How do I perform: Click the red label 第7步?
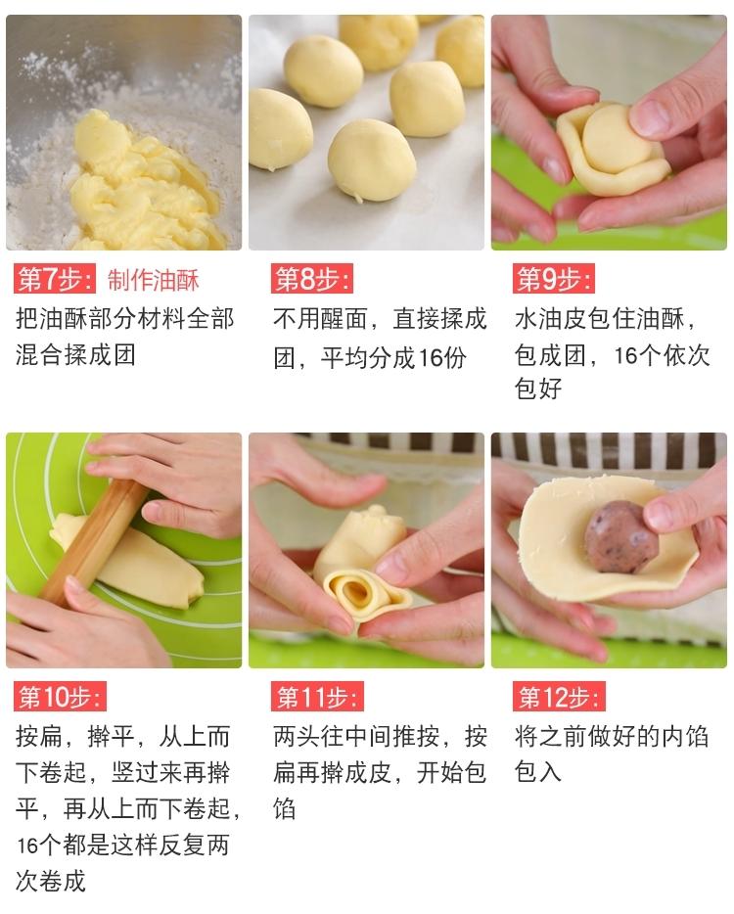[x=55, y=280]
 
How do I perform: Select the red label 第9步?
[x=553, y=280]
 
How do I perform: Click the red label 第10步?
[x=60, y=697]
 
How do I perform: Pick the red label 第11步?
[x=316, y=697]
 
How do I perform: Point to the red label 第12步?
[x=559, y=697]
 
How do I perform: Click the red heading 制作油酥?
[x=154, y=281]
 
